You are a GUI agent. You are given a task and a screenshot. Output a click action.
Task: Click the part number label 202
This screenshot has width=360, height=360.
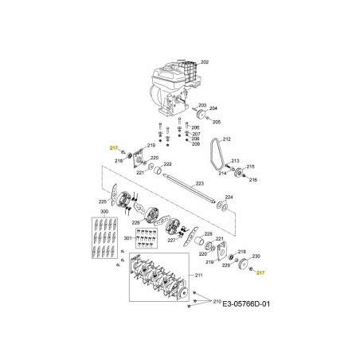[x=204, y=62]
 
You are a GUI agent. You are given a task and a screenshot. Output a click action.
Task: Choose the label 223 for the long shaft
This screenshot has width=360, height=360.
[x=199, y=184]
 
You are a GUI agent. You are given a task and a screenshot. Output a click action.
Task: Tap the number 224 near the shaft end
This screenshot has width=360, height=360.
[x=229, y=197]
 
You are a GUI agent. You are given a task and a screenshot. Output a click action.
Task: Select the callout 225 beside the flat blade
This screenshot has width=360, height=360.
[x=102, y=202]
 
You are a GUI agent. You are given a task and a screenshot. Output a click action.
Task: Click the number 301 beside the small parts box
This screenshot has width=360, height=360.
[x=129, y=239]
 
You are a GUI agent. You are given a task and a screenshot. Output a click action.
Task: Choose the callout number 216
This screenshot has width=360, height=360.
[x=252, y=181]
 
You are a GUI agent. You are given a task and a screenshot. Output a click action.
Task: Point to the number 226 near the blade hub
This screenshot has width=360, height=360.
[x=136, y=222]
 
